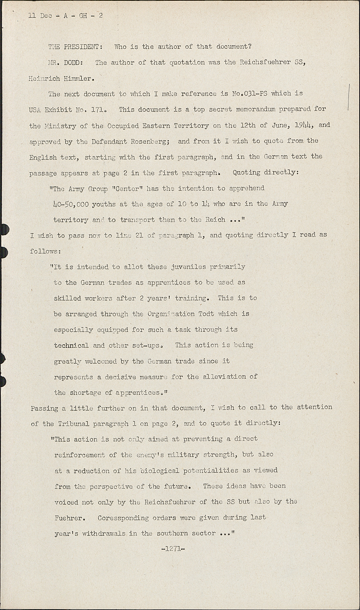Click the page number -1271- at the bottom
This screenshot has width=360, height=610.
(x=173, y=549)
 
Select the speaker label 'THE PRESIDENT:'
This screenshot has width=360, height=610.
(x=76, y=47)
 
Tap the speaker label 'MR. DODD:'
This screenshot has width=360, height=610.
(x=68, y=63)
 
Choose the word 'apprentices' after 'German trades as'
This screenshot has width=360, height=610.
(x=168, y=283)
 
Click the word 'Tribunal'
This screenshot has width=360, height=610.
(x=73, y=423)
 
